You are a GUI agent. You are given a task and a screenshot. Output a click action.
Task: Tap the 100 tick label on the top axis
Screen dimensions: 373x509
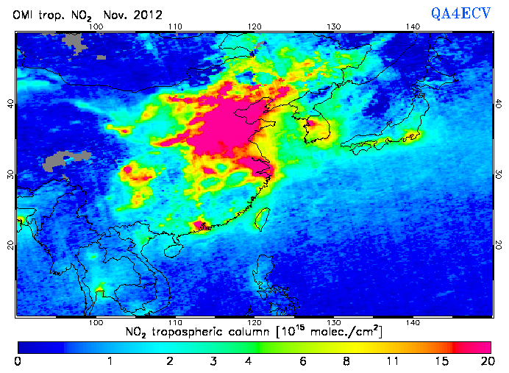point(95,27)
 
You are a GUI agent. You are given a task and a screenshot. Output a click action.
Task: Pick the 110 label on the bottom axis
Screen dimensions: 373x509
point(174,322)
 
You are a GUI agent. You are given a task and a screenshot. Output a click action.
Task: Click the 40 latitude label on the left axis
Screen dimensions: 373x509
point(10,103)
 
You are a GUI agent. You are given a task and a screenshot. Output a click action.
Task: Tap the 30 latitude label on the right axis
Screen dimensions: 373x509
point(499,174)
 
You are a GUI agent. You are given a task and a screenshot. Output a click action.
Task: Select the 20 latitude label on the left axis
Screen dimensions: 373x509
point(10,244)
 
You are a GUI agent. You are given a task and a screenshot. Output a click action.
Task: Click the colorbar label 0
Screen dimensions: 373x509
point(18,360)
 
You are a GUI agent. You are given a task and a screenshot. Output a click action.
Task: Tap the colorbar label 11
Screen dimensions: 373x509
point(394,360)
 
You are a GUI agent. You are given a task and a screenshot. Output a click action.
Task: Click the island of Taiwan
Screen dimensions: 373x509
point(260,218)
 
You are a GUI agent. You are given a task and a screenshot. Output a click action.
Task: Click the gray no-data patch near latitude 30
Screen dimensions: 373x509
point(68,160)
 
